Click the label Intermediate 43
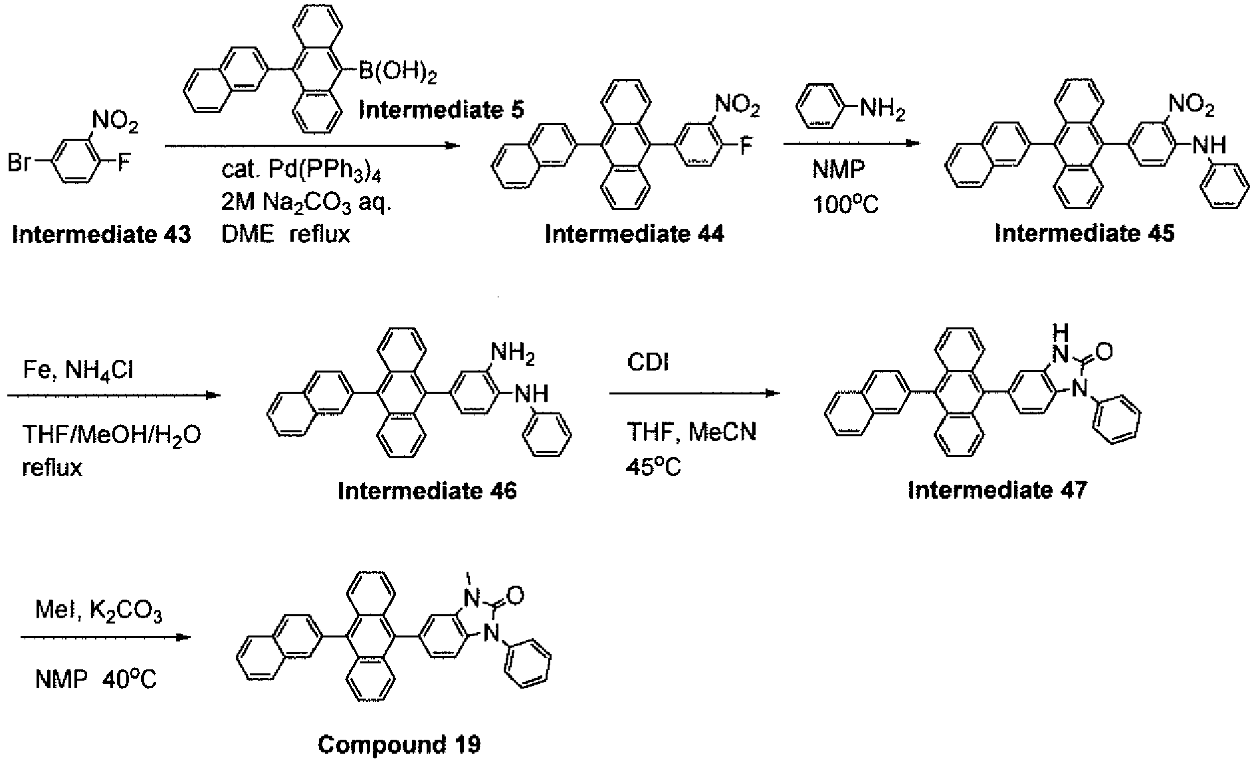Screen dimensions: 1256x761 coord(102,234)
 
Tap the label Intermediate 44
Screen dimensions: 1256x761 coord(635,234)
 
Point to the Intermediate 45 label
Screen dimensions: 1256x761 coord(1085,233)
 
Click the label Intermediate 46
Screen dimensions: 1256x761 coord(427,491)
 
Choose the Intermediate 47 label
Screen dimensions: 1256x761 coord(997,490)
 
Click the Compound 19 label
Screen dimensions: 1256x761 coord(399,744)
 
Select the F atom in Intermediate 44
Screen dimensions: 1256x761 coord(746,145)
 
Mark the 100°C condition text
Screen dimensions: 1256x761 coord(845,205)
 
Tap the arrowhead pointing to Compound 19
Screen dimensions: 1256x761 coord(183,637)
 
